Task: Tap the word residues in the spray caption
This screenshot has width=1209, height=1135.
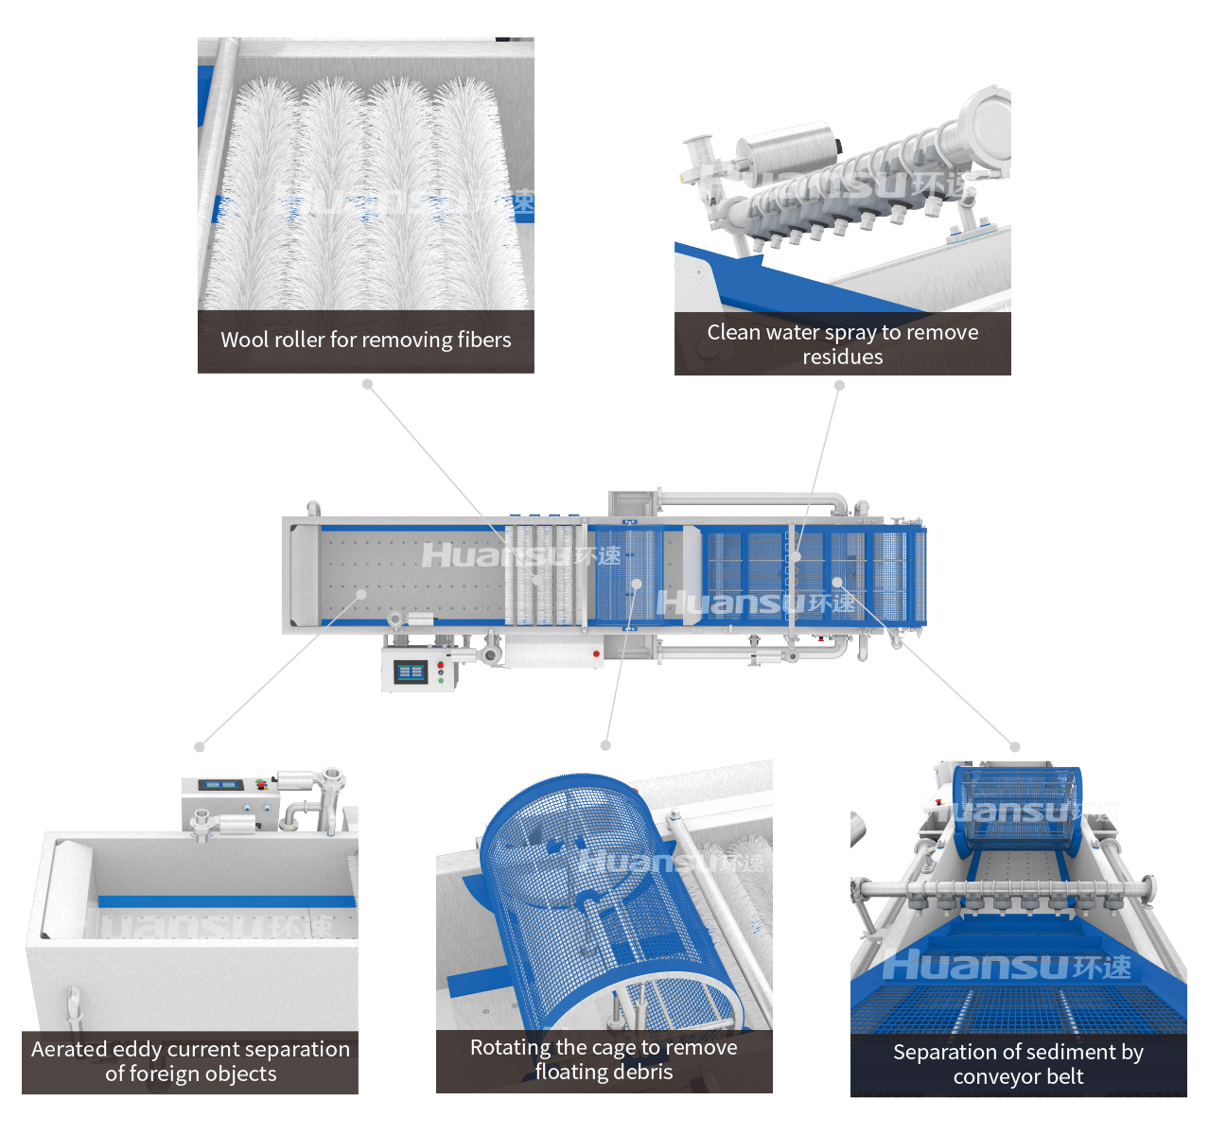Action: pos(842,357)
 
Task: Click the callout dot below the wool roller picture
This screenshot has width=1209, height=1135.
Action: pos(367,384)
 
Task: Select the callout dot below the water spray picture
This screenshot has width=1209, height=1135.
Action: pos(839,386)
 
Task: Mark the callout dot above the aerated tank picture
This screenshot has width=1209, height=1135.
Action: pos(199,746)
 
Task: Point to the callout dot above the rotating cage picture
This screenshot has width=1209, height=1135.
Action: pos(605,745)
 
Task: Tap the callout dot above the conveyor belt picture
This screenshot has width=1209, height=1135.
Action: pos(1014,746)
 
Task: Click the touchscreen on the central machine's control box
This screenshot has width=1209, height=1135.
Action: pos(411,672)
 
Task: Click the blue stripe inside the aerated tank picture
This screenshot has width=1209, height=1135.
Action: pos(226,900)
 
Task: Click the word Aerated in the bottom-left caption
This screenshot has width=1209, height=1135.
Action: pos(69,1049)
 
